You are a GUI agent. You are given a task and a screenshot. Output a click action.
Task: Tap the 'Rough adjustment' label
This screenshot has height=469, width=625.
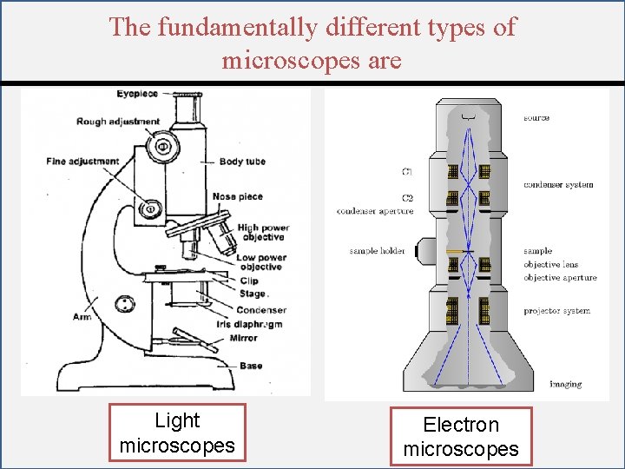coord(118,122)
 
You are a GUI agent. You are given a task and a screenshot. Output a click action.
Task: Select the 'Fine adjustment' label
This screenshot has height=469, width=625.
coord(82,162)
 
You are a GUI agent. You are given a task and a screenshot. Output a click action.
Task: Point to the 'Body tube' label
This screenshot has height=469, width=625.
coord(242,162)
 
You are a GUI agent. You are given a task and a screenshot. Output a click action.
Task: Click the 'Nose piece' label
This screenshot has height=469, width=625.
coord(237,197)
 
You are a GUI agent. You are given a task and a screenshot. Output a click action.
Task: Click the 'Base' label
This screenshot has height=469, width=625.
coord(251,366)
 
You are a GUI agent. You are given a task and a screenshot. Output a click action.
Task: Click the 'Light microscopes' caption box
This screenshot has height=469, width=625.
coord(177,433)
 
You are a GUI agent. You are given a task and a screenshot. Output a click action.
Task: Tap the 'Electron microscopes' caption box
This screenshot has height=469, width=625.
coord(460,437)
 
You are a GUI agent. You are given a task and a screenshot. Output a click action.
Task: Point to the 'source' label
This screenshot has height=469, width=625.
coord(536,118)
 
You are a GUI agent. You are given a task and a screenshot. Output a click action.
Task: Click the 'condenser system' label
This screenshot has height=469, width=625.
coord(558,184)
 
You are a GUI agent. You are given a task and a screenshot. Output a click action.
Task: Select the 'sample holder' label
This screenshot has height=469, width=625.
coord(377,251)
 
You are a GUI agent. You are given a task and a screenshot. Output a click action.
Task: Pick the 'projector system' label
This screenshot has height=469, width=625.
coord(556,310)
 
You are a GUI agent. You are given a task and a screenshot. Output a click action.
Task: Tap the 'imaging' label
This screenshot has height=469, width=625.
coord(565,384)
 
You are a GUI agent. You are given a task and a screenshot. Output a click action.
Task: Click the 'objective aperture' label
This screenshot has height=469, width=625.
coord(560,278)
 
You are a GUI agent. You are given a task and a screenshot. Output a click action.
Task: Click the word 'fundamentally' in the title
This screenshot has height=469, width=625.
coord(238,27)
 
